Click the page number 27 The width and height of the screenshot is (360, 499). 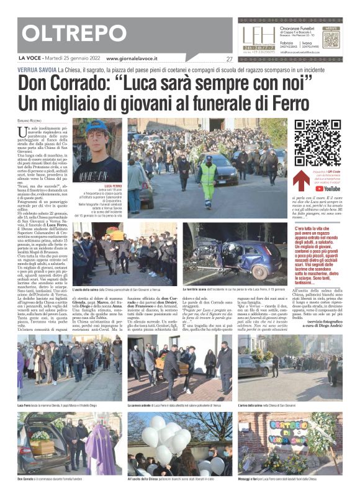[230, 59]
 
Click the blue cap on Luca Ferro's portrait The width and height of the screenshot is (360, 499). [97, 128]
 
